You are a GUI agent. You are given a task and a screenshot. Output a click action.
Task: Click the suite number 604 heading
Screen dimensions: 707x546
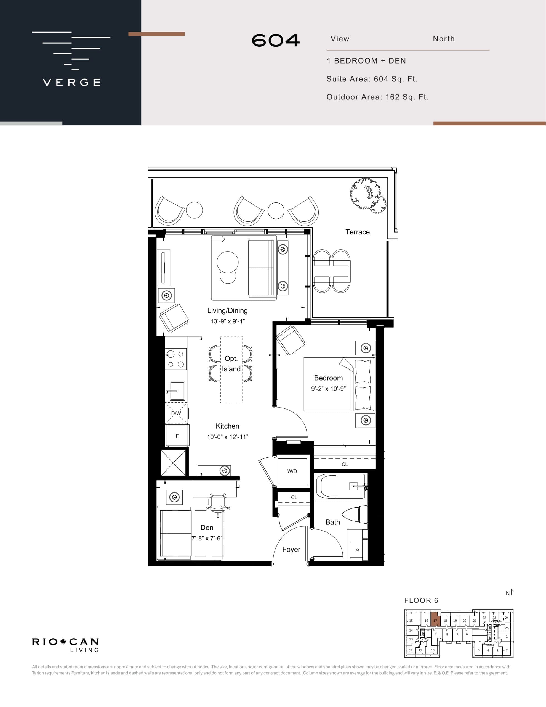[276, 41]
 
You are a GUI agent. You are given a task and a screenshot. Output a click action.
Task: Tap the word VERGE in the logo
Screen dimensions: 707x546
[71, 82]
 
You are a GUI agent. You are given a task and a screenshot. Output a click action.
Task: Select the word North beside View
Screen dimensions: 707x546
[443, 39]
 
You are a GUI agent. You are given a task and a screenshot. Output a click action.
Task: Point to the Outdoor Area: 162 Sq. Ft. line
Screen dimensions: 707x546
[377, 97]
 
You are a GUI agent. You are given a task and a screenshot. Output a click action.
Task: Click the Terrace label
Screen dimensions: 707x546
[357, 232]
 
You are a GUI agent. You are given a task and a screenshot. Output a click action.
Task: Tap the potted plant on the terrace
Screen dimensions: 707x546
[368, 195]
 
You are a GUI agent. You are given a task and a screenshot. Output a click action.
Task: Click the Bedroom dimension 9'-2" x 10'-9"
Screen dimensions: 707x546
[328, 389]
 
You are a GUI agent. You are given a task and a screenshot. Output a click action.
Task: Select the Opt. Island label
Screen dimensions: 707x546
[231, 363]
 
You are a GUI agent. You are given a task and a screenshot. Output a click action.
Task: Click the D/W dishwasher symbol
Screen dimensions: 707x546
[176, 413]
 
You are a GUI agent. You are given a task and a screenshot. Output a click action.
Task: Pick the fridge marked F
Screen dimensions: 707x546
[177, 436]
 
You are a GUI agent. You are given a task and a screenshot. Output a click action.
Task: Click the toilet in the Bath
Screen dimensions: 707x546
[356, 515]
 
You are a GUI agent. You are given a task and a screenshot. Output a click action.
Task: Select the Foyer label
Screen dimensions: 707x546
[291, 549]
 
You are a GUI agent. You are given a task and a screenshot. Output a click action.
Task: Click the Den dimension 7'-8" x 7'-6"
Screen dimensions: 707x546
[206, 538]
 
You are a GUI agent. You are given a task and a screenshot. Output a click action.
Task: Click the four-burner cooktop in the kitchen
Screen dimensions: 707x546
[176, 359]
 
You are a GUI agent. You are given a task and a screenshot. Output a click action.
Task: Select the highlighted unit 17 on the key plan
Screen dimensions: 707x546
[435, 620]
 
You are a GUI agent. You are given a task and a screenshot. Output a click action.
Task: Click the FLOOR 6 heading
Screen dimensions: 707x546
[421, 600]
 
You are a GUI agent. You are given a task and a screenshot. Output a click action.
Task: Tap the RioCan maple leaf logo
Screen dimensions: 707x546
[63, 641]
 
